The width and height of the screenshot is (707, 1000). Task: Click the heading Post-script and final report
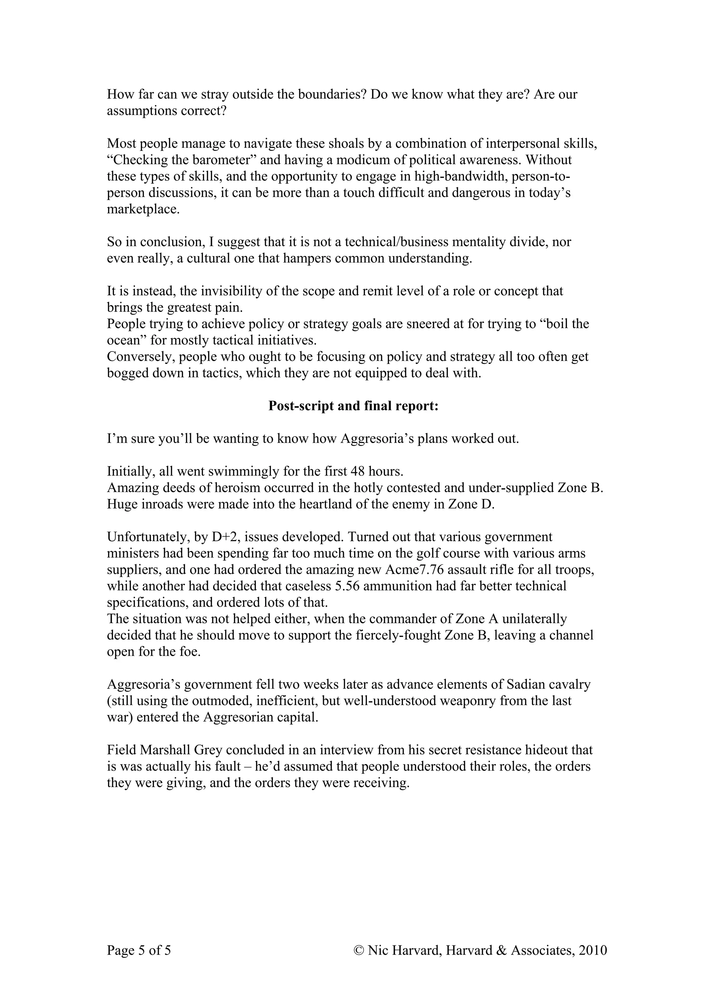[x=353, y=406]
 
